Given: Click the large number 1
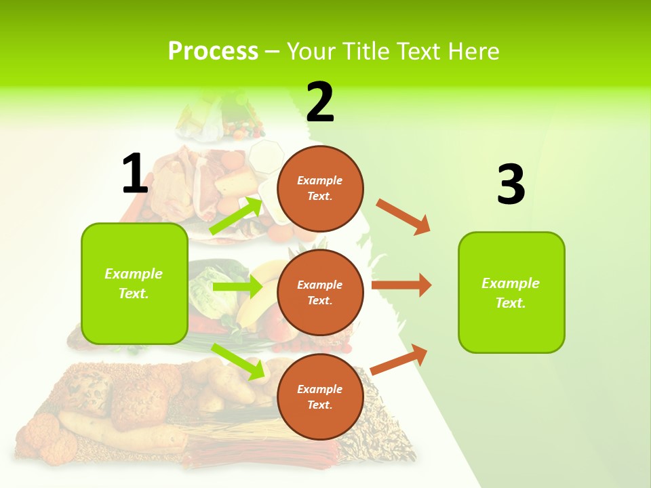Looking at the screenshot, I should pos(135,174).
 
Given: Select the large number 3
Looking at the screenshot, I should pos(511,185).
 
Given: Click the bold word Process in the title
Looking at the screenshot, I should pos(213,51).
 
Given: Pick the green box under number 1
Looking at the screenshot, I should pos(134,283).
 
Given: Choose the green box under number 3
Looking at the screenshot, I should pos(511,292).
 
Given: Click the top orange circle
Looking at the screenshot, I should pos(320,188).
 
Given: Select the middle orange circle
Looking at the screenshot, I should pos(320,292).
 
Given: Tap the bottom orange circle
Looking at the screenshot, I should pos(320,396).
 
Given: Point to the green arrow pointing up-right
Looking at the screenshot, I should pos(236,216).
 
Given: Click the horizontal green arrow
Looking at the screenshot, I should pos(237,287).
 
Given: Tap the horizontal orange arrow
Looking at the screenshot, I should pos(401,285).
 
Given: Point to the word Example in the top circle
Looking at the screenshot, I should pos(320,180).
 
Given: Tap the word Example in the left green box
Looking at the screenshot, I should pos(134,274).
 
